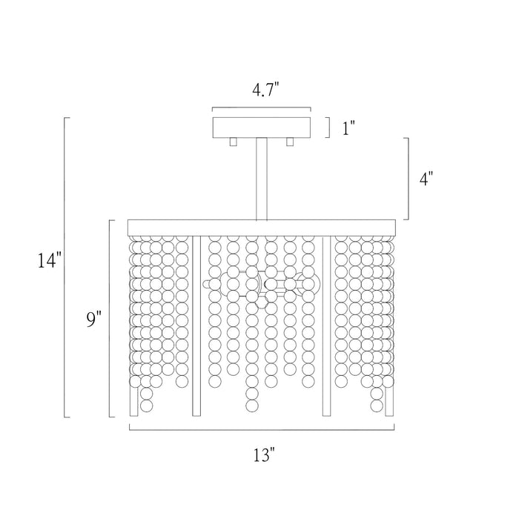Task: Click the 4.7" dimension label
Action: (x=265, y=90)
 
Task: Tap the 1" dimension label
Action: (x=348, y=128)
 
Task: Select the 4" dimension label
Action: (x=426, y=179)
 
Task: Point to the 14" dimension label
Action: (x=50, y=260)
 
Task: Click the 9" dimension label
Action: (x=93, y=320)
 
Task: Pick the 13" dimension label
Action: (x=265, y=454)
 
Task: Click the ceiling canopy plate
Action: (x=262, y=128)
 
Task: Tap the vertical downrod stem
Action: (x=262, y=179)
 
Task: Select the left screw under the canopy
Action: (x=234, y=142)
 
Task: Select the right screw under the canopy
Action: (x=290, y=142)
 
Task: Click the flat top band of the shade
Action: (x=262, y=228)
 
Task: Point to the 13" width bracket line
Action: (x=262, y=429)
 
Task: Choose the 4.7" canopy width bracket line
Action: (x=262, y=108)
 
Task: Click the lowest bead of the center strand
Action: (x=252, y=406)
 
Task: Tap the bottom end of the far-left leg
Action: (x=134, y=415)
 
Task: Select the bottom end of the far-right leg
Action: (x=389, y=415)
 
